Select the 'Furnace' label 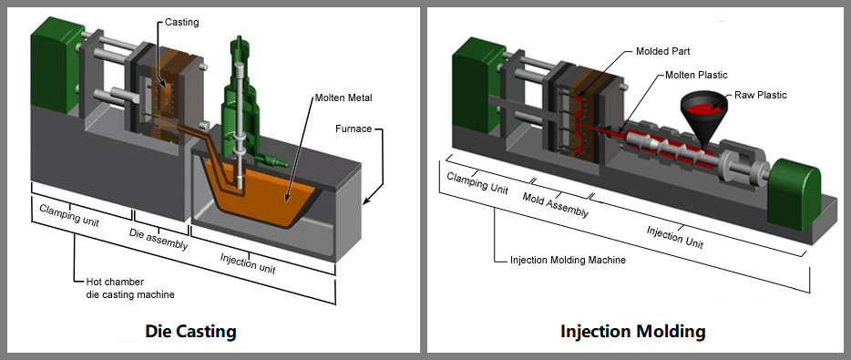click(x=353, y=129)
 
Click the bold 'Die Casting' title click(x=190, y=331)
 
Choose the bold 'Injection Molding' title click(x=632, y=331)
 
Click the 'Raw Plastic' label click(x=759, y=95)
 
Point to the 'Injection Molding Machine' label click(x=567, y=261)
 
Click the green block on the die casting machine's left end click(x=48, y=60)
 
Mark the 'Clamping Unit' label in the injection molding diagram click(x=476, y=182)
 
